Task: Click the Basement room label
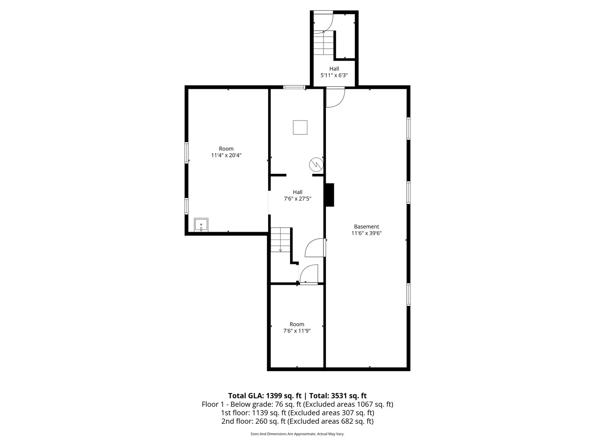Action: [x=366, y=226]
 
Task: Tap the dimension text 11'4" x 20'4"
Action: [x=226, y=155]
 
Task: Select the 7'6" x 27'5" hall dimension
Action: [x=297, y=199]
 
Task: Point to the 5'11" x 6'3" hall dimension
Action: [x=334, y=76]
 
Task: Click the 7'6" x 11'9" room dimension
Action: [x=297, y=331]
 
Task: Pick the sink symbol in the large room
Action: [x=201, y=225]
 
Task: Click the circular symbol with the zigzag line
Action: [x=316, y=165]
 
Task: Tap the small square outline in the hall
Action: [x=300, y=127]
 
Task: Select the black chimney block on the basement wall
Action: [x=329, y=195]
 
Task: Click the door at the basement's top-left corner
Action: [x=335, y=98]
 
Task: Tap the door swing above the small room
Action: [x=309, y=274]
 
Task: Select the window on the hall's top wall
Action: [x=294, y=87]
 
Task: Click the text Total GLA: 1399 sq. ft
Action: [x=264, y=395]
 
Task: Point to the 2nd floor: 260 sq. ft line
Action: [x=297, y=421]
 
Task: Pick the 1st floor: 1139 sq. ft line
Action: [x=297, y=413]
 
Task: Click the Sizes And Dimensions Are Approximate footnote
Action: [x=297, y=434]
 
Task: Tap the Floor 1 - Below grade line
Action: [x=297, y=404]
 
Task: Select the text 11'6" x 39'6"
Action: [x=366, y=233]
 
